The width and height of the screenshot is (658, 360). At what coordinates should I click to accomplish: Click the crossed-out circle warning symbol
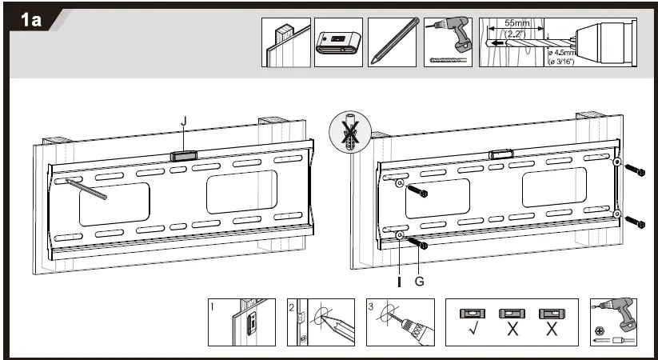pyautogui.click(x=349, y=132)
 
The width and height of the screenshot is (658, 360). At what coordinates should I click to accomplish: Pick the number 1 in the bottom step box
pyautogui.click(x=213, y=306)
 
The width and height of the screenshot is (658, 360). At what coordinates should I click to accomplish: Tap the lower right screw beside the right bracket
pyautogui.click(x=636, y=220)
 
